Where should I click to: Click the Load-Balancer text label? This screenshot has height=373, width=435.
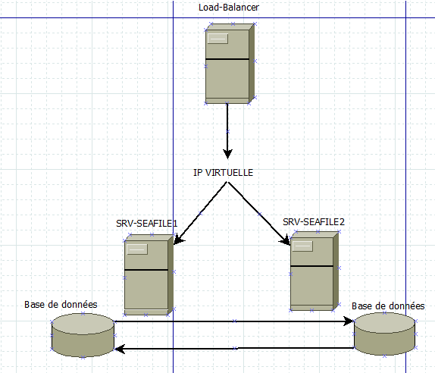coord(229,8)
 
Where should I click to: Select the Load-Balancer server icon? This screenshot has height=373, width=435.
coord(230,64)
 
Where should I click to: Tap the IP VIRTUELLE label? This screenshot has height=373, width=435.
coord(223,173)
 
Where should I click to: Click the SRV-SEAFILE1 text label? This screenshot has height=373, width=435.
coord(147,224)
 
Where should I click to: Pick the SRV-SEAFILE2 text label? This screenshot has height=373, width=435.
coord(314,221)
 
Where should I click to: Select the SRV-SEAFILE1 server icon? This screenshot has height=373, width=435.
coord(149,274)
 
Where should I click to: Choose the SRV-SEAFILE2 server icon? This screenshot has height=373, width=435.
coord(315,271)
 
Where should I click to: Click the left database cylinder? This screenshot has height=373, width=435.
coord(83,335)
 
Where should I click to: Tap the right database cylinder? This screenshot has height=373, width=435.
coord(384,334)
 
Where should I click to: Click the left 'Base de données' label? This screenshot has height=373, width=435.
coord(61,305)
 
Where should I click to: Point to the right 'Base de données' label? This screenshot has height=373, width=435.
coord(388,306)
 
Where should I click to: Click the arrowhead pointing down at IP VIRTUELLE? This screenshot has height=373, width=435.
coord(228,154)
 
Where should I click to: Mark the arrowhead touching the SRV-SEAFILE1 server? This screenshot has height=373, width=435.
coord(178,240)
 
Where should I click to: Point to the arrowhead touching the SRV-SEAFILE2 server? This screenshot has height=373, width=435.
coord(285,240)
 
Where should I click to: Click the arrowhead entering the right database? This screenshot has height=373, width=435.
coord(349,321)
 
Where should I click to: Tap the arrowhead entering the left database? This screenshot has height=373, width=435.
coord(120,349)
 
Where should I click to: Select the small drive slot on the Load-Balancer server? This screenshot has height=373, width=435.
coord(217,39)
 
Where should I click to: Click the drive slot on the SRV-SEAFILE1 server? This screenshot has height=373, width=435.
coord(137,249)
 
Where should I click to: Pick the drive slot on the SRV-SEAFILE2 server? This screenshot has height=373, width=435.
coord(302,246)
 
